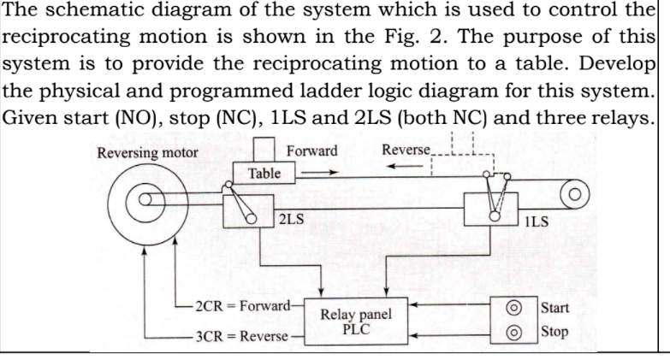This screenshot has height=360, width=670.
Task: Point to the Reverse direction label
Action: (406, 150)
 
